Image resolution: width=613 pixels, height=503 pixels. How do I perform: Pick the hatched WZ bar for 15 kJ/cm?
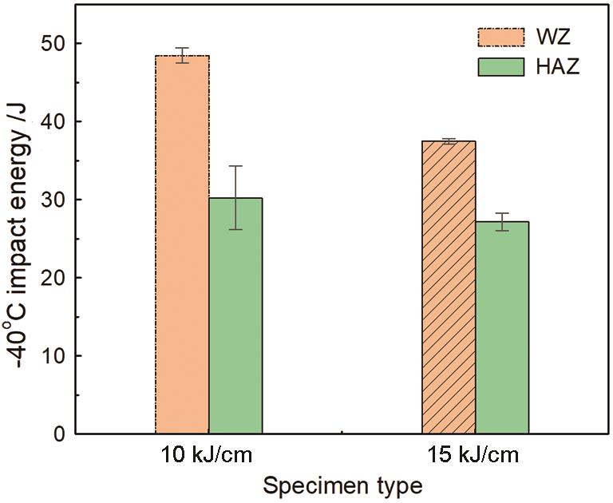pos(449,287)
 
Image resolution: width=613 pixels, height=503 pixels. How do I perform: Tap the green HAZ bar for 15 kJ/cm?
pos(502,327)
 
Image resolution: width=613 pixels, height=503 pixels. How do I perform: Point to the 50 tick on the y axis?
pos(57,43)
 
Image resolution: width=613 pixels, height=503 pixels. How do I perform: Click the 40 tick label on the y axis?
pos(57,121)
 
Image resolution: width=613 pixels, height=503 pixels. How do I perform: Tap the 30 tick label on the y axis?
pos(57,200)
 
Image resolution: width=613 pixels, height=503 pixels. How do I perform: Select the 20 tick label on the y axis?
pos(57,278)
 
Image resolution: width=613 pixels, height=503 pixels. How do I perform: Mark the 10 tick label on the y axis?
pos(57,356)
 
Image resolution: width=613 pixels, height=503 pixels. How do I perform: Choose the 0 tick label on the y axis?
pos(61,434)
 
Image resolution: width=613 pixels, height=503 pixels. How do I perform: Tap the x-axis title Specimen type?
pos(342,485)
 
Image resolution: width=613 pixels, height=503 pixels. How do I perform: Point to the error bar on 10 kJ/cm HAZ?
pos(235,198)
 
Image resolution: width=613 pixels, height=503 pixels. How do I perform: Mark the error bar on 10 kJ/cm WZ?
pos(182,55)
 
